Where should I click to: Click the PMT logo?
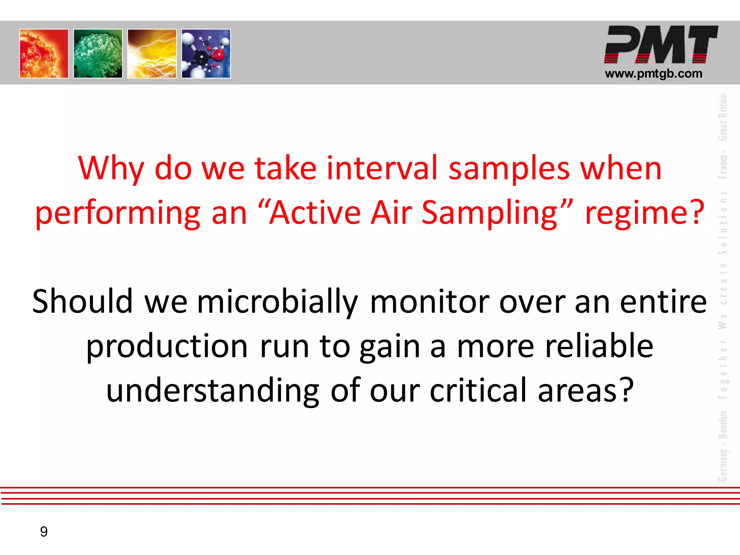(661, 44)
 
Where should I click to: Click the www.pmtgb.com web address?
(654, 74)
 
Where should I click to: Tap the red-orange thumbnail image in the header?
(44, 53)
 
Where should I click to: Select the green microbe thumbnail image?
(98, 53)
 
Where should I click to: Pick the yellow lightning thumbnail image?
(152, 53)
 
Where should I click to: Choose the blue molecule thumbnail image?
(206, 53)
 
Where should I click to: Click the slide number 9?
(44, 532)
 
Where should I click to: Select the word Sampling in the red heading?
(490, 213)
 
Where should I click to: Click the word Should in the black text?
(82, 301)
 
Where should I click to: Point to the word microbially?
(277, 302)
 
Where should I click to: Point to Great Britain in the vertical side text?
(722, 117)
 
